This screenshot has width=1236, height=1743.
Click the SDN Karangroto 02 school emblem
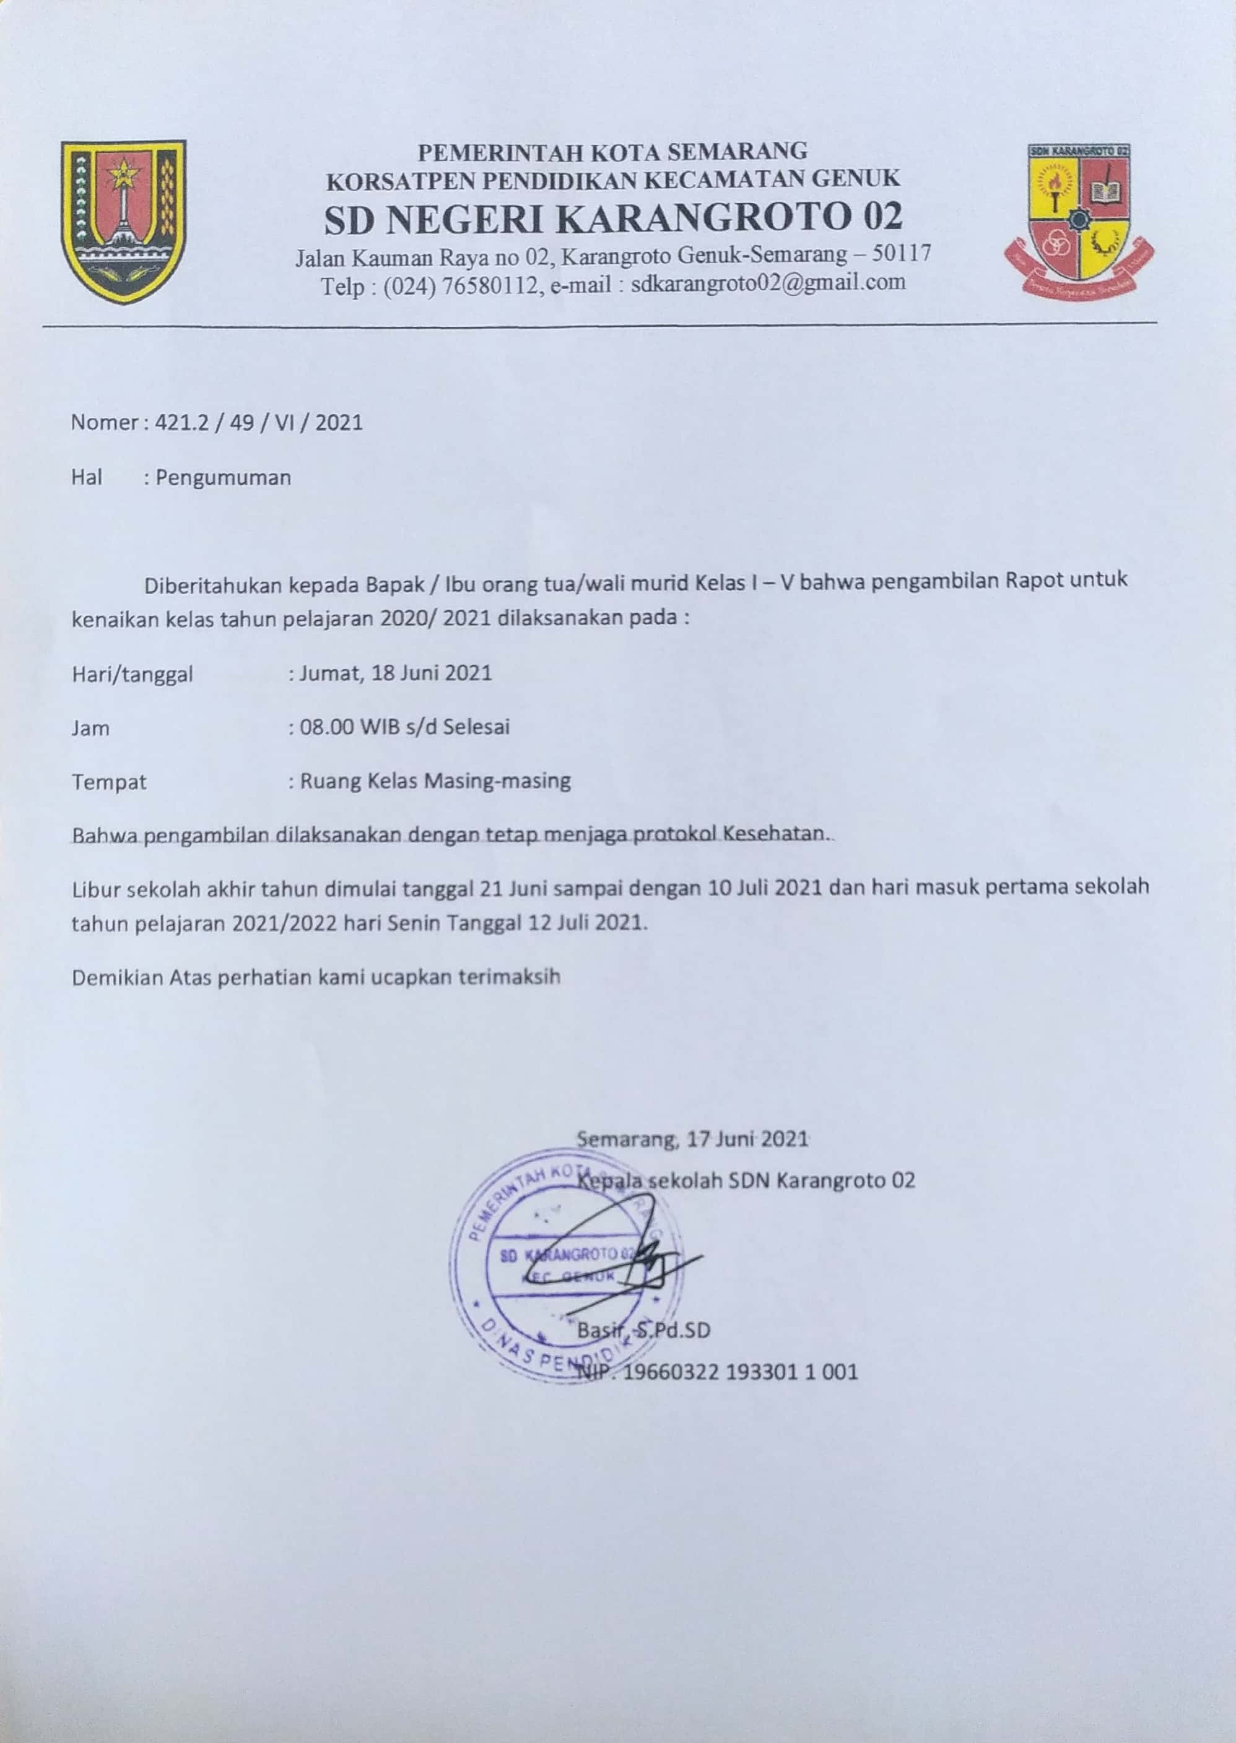pyautogui.click(x=1079, y=220)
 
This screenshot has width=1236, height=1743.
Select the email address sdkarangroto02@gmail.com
pyautogui.click(x=768, y=283)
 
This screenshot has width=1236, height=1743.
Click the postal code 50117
pyautogui.click(x=902, y=253)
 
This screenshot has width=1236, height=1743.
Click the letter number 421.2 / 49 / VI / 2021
pyautogui.click(x=259, y=422)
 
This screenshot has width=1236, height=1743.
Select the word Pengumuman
pyautogui.click(x=223, y=478)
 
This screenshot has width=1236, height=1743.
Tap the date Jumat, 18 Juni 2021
pyautogui.click(x=395, y=673)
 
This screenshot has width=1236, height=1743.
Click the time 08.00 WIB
pyautogui.click(x=344, y=727)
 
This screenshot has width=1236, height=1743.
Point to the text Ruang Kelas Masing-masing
pyautogui.click(x=435, y=781)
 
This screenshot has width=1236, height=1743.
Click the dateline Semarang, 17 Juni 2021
pyautogui.click(x=692, y=1139)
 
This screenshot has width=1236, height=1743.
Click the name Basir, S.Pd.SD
pyautogui.click(x=643, y=1331)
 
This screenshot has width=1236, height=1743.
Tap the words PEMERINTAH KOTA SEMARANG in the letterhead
pyautogui.click(x=612, y=152)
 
